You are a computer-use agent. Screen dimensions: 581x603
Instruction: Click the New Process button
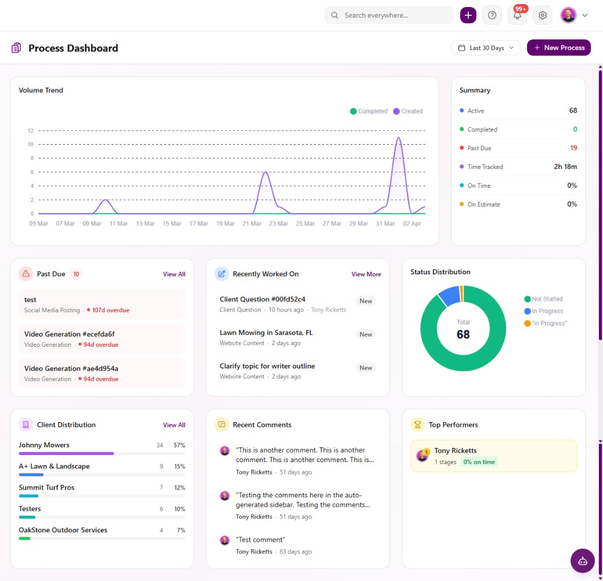[559, 48]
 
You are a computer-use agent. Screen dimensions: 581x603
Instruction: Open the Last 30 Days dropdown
[486, 48]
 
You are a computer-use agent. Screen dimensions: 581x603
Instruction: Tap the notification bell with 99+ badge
[517, 15]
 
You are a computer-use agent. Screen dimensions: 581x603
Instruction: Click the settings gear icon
[542, 15]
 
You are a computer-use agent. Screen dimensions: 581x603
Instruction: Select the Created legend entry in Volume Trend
[407, 111]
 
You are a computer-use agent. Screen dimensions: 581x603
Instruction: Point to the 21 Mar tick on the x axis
[252, 224]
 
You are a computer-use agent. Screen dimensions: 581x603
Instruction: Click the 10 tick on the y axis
[30, 144]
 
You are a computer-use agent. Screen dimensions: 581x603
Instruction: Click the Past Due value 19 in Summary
[573, 148]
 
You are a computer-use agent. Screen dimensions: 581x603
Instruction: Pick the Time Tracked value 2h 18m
[565, 167]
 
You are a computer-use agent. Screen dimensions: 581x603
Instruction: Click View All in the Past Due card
[174, 274]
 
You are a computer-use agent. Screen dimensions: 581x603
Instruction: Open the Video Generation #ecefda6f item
[69, 334]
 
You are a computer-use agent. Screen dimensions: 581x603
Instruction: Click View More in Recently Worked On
[366, 274]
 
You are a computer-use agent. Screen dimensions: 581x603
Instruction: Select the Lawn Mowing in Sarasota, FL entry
[266, 333]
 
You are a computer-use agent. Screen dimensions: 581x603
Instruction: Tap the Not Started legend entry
[546, 299]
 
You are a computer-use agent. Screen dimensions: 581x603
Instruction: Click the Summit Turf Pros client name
[47, 487]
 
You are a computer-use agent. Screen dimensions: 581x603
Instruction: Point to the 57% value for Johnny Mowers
[179, 445]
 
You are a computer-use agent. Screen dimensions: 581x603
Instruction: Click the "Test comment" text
[260, 540]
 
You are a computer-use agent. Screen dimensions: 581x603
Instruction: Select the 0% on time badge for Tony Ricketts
[478, 462]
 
